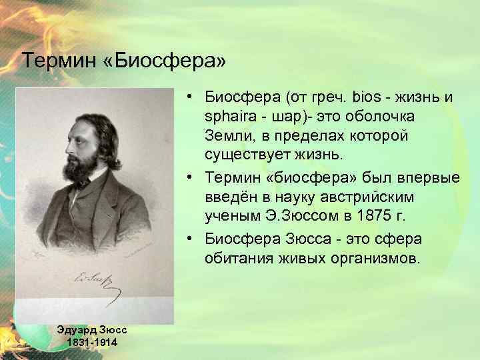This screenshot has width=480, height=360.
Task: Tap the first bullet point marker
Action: [x=190, y=97]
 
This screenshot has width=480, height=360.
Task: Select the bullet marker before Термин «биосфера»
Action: [x=190, y=178]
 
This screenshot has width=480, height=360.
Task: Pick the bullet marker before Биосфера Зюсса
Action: [x=190, y=239]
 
